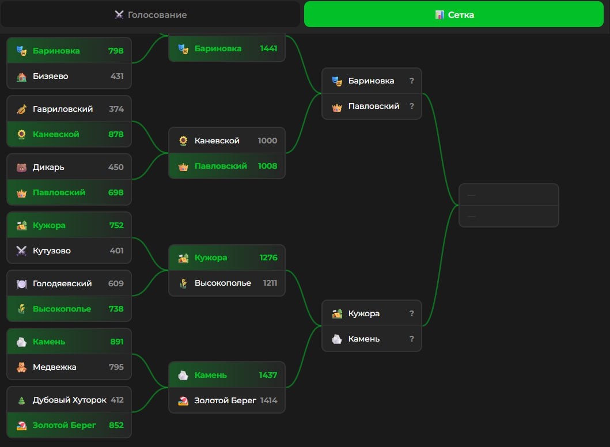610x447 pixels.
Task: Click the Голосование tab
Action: [x=150, y=14]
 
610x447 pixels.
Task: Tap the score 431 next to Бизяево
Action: [x=117, y=76]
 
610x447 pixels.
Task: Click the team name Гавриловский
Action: [x=63, y=109]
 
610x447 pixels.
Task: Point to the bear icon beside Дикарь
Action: [x=21, y=168]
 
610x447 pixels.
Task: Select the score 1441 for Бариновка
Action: [x=268, y=48]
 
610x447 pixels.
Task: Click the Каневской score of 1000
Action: [x=267, y=141]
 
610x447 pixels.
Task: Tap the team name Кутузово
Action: [x=52, y=251]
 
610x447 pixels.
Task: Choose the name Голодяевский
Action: [x=62, y=283]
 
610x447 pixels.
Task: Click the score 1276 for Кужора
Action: [x=268, y=257]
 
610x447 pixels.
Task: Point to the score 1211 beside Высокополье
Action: [x=270, y=283]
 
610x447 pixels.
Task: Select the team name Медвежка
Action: [x=55, y=367]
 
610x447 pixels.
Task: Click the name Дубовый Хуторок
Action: [x=70, y=400]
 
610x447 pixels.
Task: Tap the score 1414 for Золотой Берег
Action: [x=268, y=400]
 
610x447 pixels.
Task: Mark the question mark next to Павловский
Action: [x=411, y=106]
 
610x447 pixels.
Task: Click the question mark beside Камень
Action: [x=411, y=339]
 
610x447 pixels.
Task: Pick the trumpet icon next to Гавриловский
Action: [x=21, y=109]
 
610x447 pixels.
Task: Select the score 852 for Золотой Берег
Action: [x=116, y=425]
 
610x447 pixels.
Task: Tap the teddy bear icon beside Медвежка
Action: [x=21, y=367]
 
